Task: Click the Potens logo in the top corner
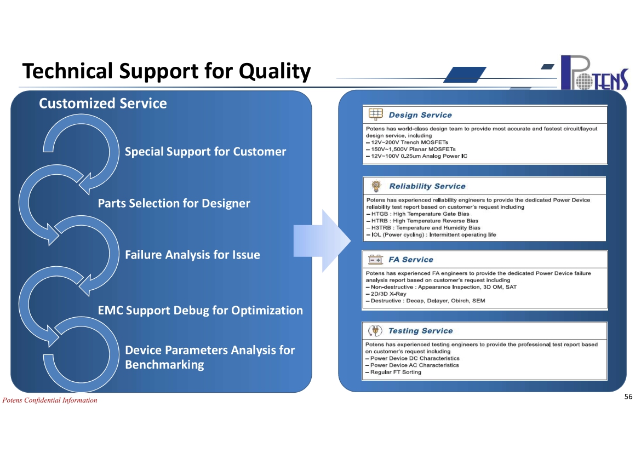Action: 595,73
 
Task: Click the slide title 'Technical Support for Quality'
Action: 167,71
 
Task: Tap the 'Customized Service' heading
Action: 102,104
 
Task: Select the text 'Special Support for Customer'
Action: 205,152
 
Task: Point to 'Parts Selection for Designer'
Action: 174,203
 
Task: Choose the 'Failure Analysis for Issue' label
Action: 192,255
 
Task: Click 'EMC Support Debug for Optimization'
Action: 201,311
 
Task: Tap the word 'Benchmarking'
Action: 164,364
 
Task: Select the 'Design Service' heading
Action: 420,115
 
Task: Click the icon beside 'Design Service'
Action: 376,114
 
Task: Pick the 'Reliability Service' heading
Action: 427,186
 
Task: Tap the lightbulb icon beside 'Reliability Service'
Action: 376,186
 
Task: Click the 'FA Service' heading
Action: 411,260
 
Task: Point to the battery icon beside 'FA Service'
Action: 376,260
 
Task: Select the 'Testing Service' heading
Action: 421,331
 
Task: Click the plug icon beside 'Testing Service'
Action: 375,330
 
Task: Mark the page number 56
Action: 628,397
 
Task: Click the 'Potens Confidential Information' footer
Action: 50,400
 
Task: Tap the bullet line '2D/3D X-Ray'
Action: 386,294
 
